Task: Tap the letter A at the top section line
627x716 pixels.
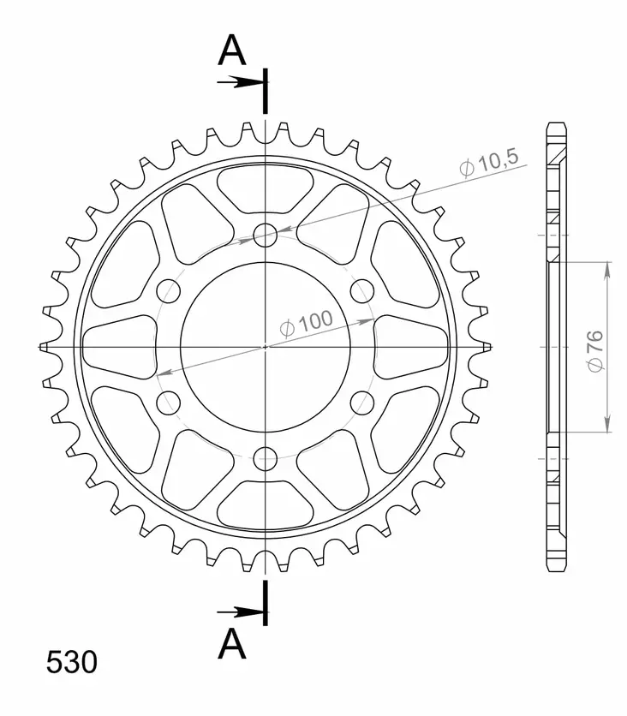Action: pos(231,51)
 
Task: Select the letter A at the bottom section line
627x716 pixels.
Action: pos(231,644)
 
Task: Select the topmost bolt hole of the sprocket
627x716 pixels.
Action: pos(266,233)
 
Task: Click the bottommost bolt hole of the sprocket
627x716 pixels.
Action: pos(266,457)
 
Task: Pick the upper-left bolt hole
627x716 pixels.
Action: pos(168,290)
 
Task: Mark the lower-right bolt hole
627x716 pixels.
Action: pos(363,402)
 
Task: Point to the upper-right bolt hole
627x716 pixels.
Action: pos(363,290)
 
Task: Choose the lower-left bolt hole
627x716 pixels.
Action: pos(168,402)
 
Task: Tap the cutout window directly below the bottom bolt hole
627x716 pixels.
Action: pos(266,506)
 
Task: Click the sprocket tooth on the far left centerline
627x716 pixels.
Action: pos(48,346)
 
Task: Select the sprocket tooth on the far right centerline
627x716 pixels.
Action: pos(484,346)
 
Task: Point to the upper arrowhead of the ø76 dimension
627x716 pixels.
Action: pos(607,270)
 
